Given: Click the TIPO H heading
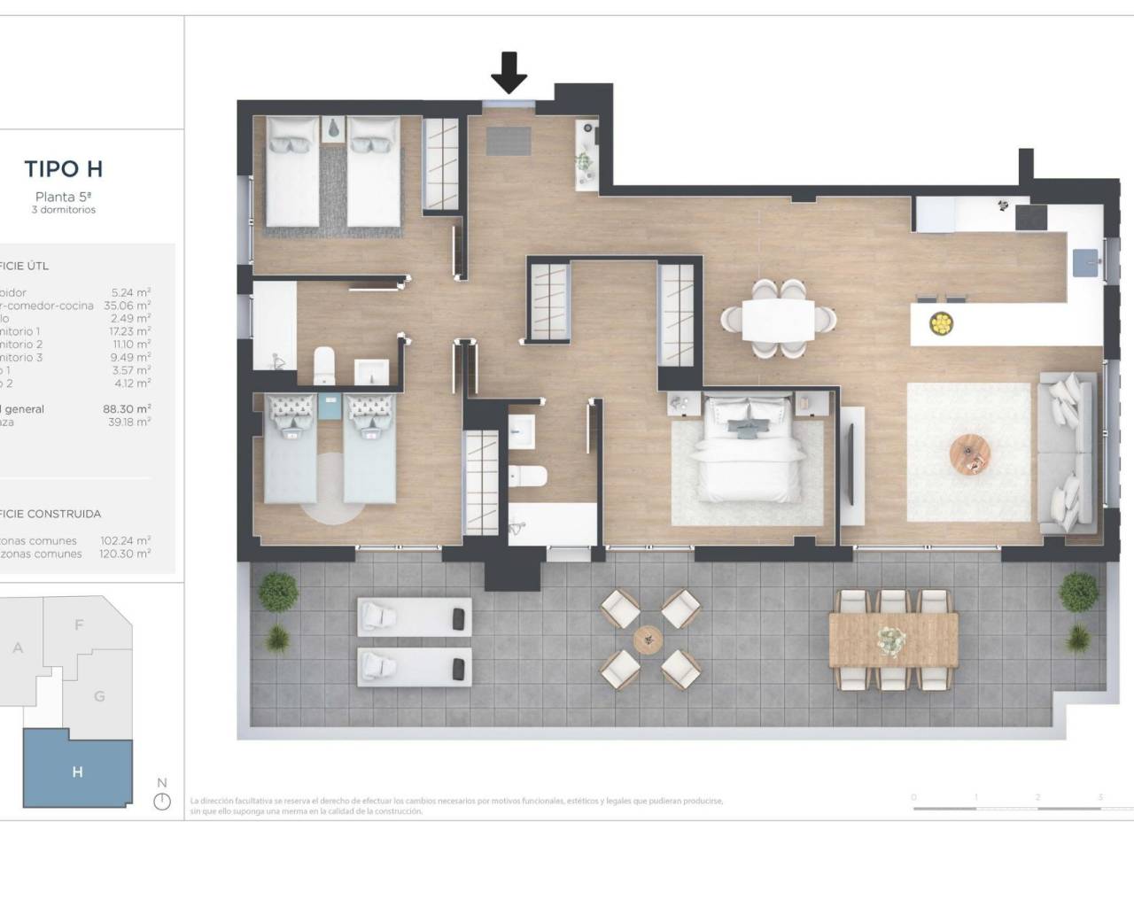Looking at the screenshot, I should (x=64, y=168).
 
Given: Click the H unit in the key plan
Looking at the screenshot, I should (x=77, y=771).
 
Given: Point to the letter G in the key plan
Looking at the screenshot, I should (x=99, y=696).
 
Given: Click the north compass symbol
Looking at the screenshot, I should (x=161, y=801).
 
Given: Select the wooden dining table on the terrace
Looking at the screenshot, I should (x=894, y=640).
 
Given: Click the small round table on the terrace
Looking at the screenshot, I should (x=648, y=638).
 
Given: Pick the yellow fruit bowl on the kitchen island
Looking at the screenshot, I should (x=941, y=323).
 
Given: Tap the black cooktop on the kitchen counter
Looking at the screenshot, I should (x=1031, y=217).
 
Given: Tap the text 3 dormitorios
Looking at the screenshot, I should (x=64, y=210).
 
